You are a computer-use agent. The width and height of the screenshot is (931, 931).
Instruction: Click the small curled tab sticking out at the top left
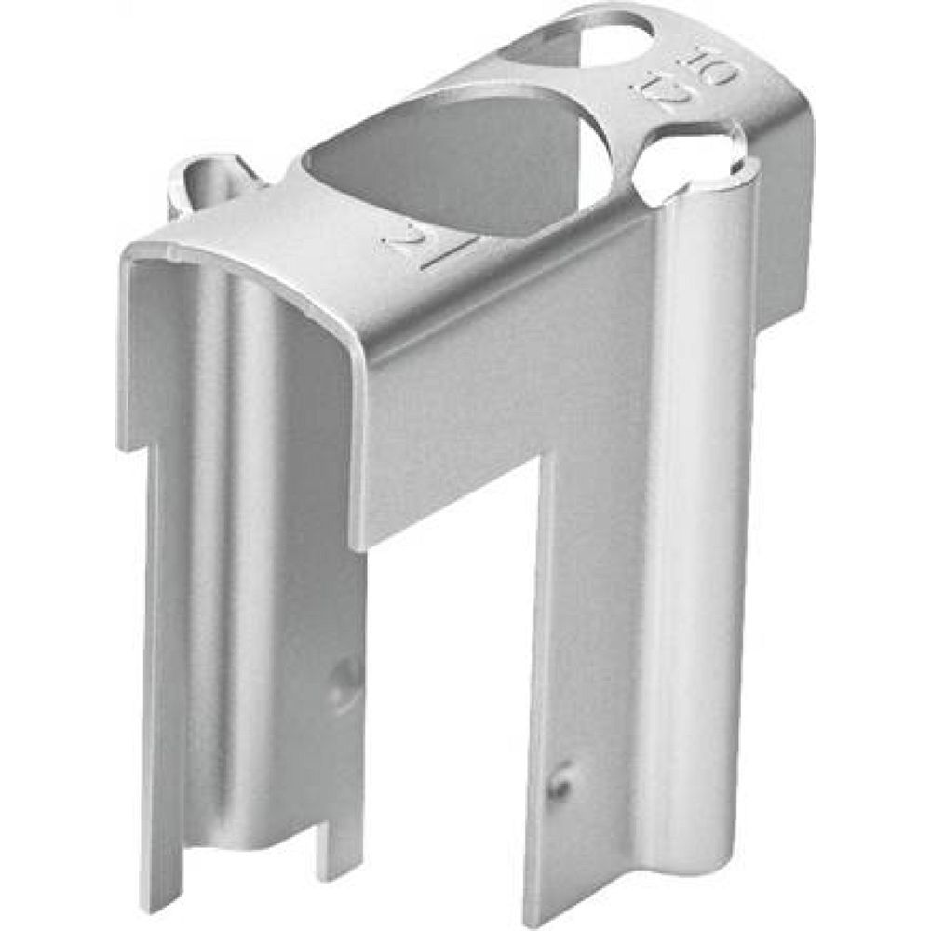coord(200,177)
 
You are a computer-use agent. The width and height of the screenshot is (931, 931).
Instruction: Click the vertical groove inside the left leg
coord(223,559)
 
